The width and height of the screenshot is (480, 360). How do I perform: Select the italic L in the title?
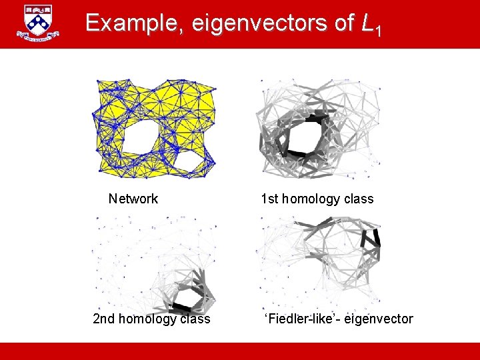pyautogui.click(x=367, y=24)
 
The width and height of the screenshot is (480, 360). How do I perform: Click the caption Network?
pyautogui.click(x=133, y=199)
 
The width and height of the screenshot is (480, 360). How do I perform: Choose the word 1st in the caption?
pyautogui.click(x=270, y=199)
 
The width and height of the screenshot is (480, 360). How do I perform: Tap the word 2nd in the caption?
pyautogui.click(x=104, y=319)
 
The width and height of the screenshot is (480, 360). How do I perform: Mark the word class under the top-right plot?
pyautogui.click(x=358, y=199)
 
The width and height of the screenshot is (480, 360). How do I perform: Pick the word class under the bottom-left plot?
pyautogui.click(x=195, y=319)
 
